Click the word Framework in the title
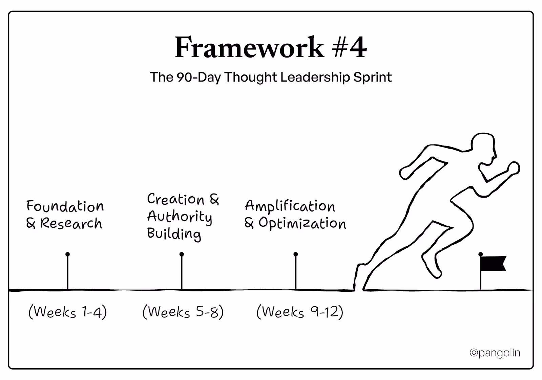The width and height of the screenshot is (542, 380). tap(249, 48)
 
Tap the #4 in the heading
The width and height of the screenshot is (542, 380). tap(349, 48)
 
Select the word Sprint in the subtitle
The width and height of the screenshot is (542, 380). tap(373, 77)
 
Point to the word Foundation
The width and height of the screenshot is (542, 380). tap(65, 206)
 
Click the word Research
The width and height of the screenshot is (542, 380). tap(71, 223)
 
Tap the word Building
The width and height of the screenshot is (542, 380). tap(174, 234)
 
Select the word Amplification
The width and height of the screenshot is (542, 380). tap(290, 206)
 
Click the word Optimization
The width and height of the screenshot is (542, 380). tap(302, 223)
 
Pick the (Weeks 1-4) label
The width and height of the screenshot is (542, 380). tap(68, 312)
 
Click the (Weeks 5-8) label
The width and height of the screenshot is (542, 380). tap(183, 312)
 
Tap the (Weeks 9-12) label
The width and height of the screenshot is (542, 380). tap(300, 312)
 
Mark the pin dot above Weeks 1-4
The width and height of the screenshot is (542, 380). tap(68, 254)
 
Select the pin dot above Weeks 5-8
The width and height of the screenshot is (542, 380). tap(182, 254)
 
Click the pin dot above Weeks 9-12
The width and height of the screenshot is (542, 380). tap(296, 254)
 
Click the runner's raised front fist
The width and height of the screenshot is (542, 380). tap(514, 168)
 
